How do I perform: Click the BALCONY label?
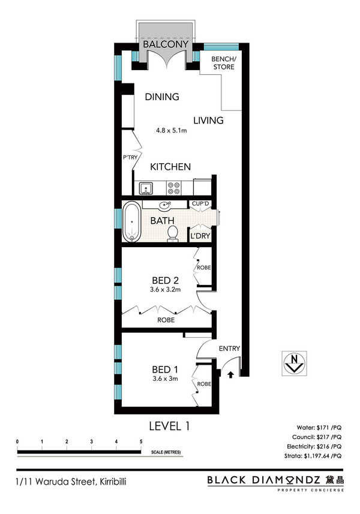tap(166, 44)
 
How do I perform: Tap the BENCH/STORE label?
tap(224, 63)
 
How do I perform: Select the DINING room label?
tap(162, 97)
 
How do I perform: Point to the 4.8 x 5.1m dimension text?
tap(172, 131)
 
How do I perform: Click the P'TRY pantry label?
tap(130, 158)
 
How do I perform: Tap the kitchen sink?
tap(146, 188)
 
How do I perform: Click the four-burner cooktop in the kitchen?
tap(174, 188)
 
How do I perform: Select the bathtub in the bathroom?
tap(132, 221)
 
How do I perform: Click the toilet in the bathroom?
tap(172, 234)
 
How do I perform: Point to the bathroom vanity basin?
tap(164, 206)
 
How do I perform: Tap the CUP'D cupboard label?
tap(200, 203)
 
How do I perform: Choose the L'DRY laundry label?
tap(200, 236)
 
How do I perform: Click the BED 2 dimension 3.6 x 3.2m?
tap(165, 290)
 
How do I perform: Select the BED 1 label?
tap(165, 370)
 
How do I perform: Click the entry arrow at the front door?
tap(231, 374)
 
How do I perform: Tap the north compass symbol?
tap(295, 363)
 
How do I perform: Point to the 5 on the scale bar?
tap(141, 441)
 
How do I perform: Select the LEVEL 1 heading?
tap(169, 426)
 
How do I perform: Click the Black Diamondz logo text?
tap(263, 480)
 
